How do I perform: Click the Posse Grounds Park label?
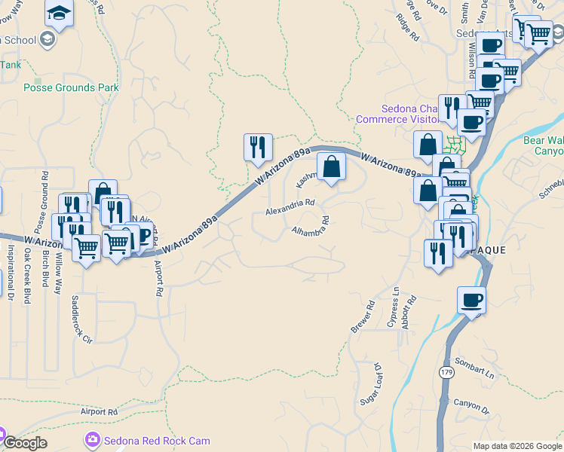coord(71,87)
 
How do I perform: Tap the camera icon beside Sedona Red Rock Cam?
coord(92,439)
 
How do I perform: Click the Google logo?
coord(24,443)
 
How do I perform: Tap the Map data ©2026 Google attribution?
coord(517,446)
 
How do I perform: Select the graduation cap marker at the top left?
coord(59,13)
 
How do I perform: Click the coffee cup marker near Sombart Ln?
coord(472,301)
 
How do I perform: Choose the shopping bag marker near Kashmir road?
coord(330,167)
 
